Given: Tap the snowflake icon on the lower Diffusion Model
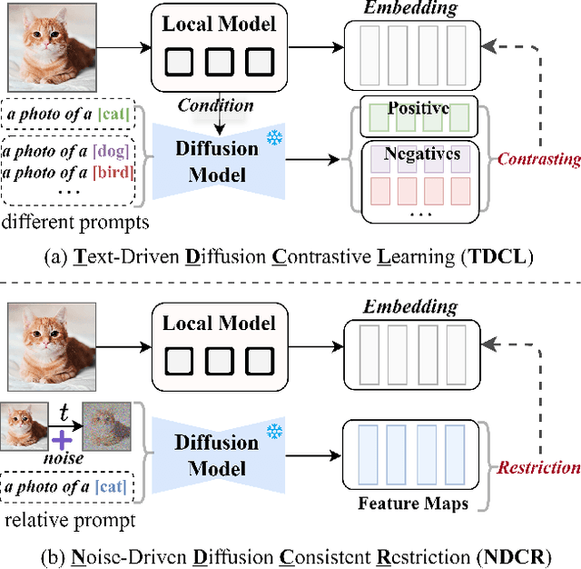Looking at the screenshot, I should (x=273, y=427).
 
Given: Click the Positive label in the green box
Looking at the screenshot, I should (x=419, y=108).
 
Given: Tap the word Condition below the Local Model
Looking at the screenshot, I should (x=216, y=105).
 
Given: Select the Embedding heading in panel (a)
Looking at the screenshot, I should (x=410, y=10).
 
